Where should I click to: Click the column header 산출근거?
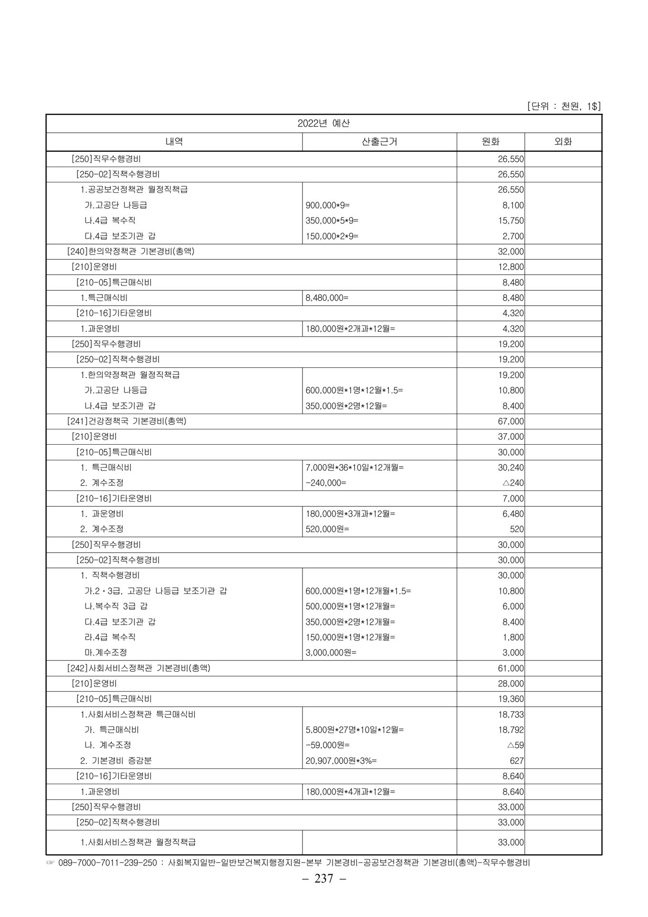[379, 142]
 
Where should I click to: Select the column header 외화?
[562, 142]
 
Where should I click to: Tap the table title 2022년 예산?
[324, 123]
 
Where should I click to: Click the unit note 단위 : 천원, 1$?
[563, 106]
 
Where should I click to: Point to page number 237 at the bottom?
[324, 878]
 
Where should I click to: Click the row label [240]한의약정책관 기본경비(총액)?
[130, 251]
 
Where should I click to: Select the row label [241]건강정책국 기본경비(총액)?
[127, 421]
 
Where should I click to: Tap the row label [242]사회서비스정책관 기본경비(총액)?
[139, 668]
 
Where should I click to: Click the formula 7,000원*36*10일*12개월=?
[354, 468]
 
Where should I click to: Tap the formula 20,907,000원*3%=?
[341, 761]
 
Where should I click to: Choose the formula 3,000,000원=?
[331, 652]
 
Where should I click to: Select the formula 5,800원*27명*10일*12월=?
[354, 730]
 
